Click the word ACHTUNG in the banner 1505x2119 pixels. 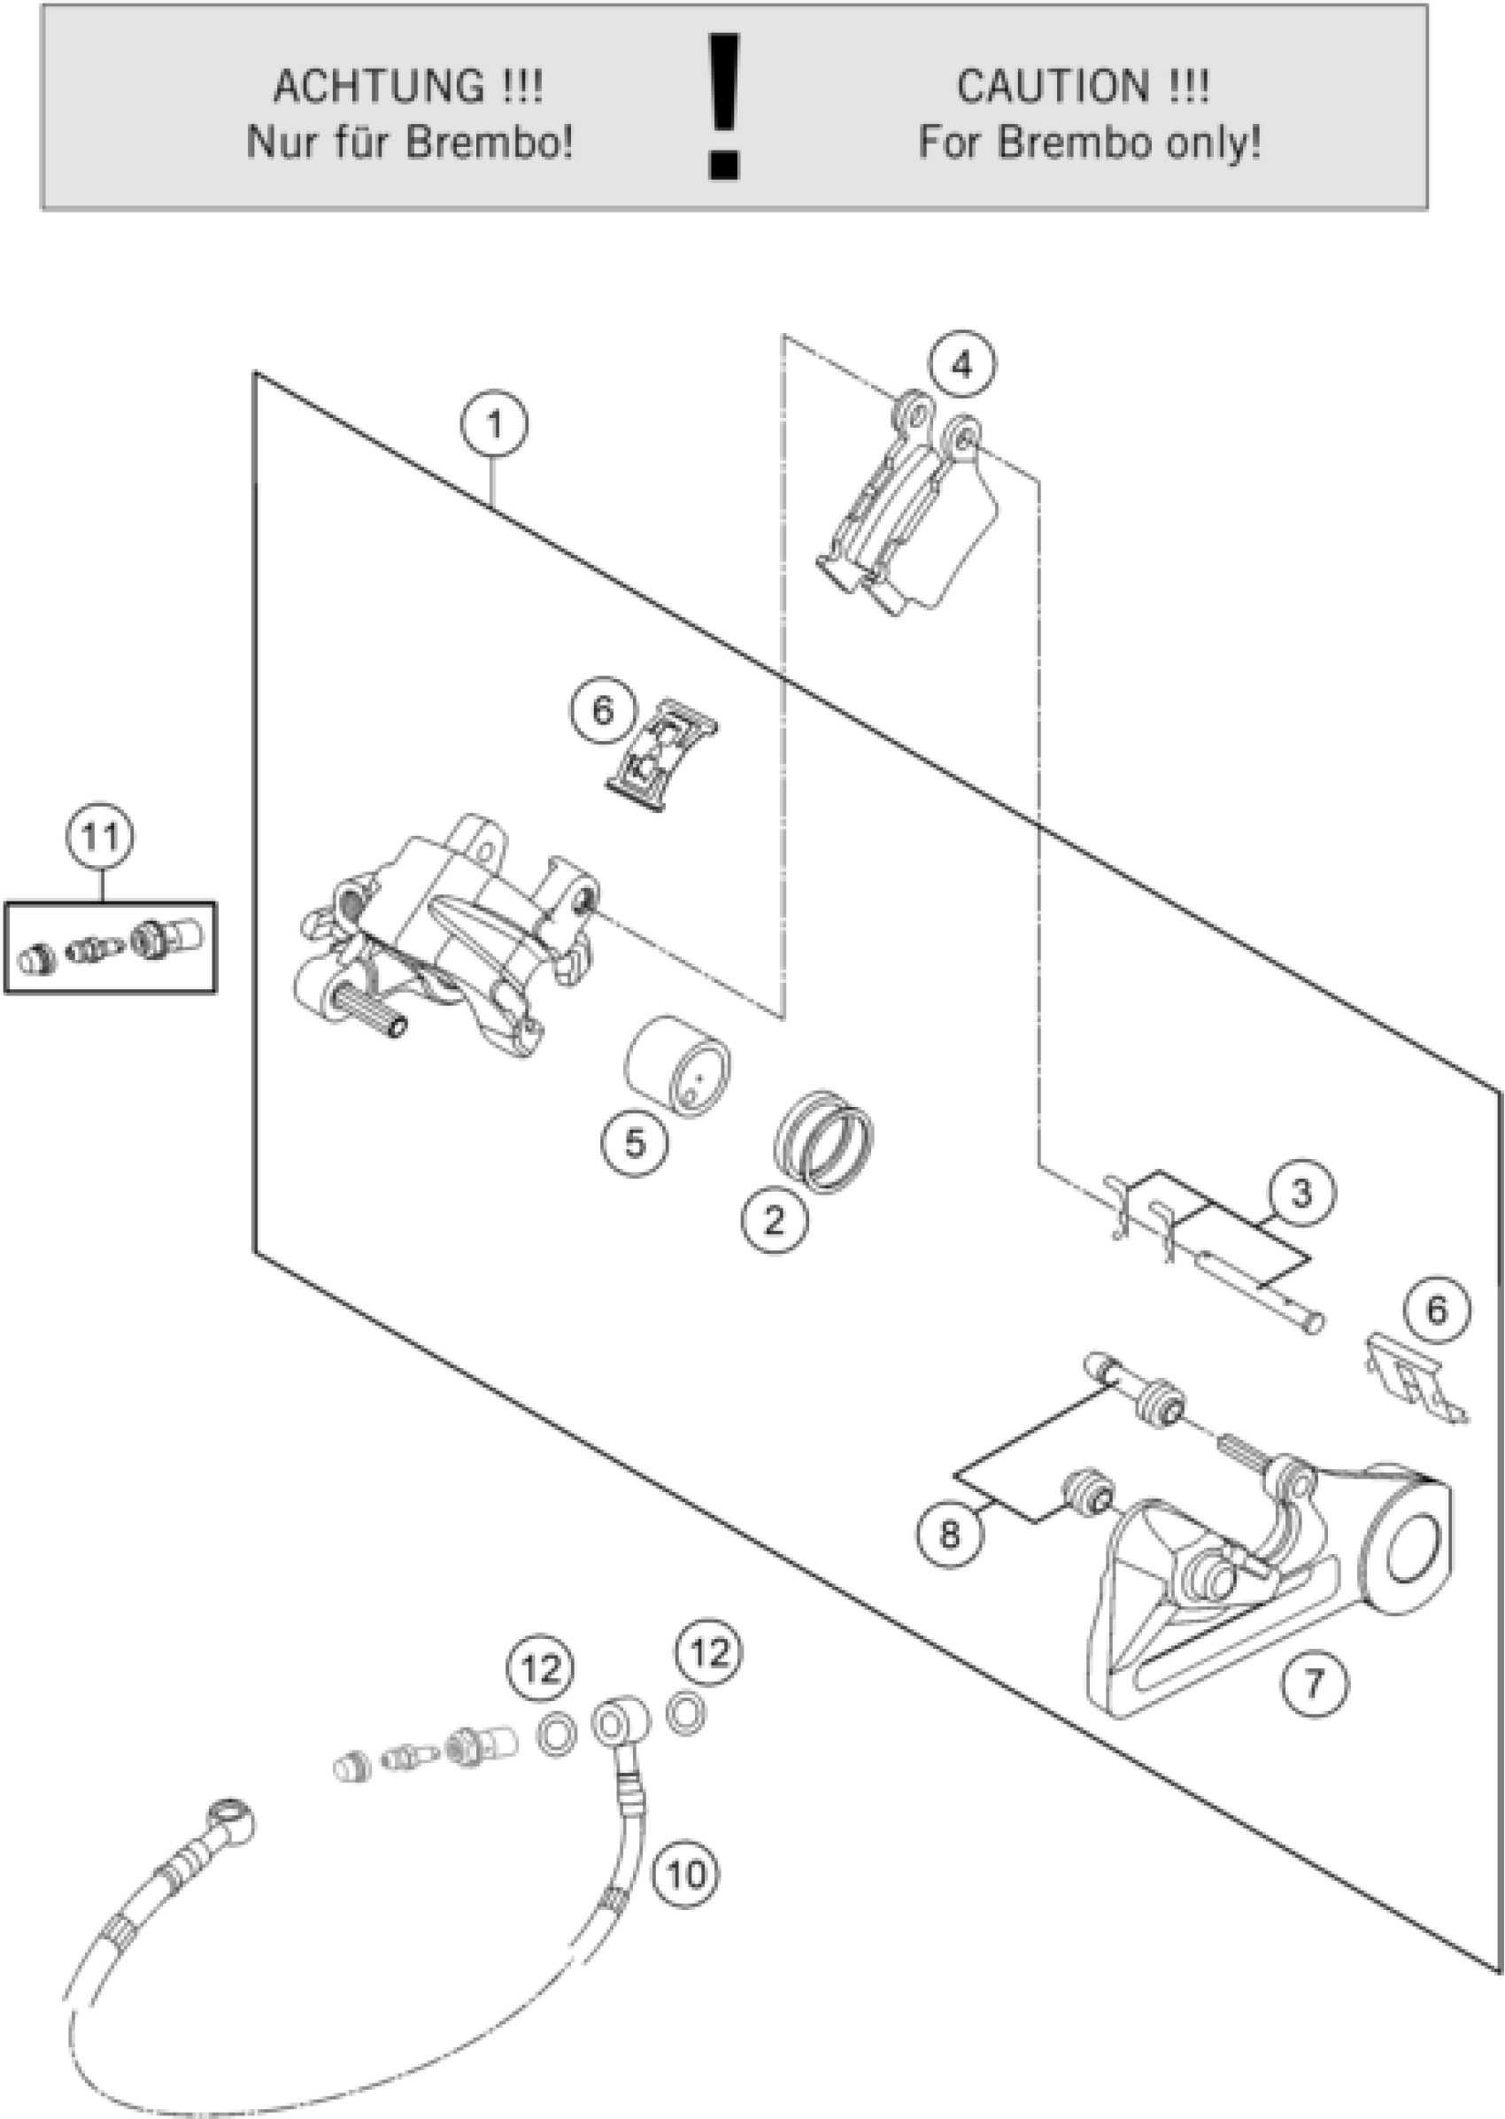click(x=378, y=87)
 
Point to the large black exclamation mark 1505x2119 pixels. click(x=723, y=105)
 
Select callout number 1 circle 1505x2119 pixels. click(x=494, y=425)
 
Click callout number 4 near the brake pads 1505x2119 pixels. click(x=963, y=365)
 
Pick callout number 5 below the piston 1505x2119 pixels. click(x=635, y=1142)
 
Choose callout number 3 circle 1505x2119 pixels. click(x=1302, y=1193)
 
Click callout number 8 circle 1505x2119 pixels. click(x=950, y=1534)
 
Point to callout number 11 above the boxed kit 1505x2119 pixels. click(x=100, y=836)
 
